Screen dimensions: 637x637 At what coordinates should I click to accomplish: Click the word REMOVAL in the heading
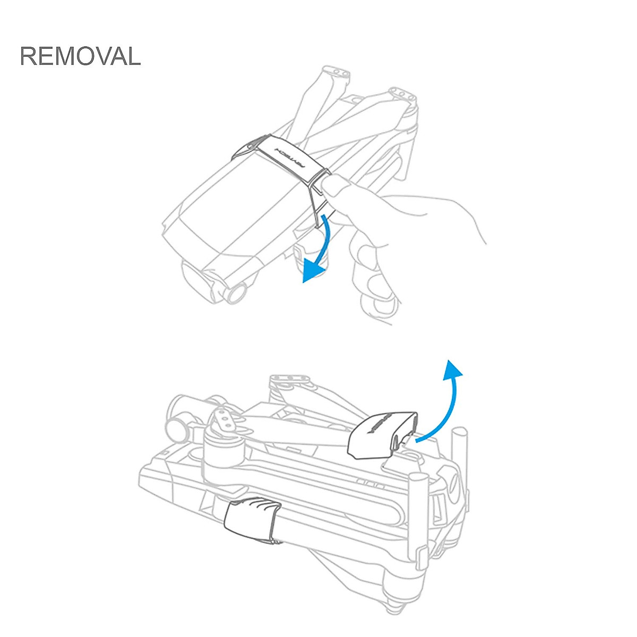point(80,56)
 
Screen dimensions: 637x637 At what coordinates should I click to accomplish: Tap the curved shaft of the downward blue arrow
point(326,239)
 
